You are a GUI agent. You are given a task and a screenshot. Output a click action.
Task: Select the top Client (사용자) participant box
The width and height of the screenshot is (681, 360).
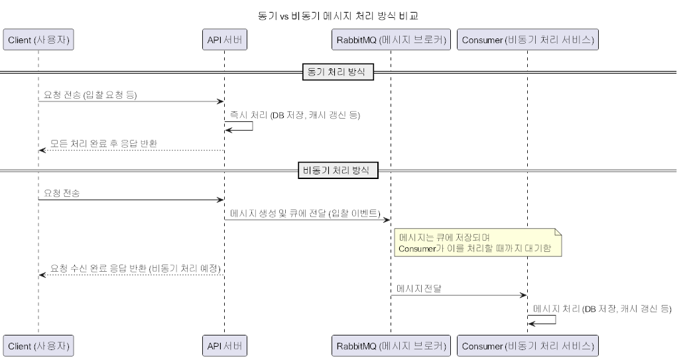pos(38,40)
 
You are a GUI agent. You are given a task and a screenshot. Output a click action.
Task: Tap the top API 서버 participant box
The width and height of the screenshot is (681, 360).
pos(224,40)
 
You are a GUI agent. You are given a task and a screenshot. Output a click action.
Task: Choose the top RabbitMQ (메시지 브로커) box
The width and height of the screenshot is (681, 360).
pos(390,40)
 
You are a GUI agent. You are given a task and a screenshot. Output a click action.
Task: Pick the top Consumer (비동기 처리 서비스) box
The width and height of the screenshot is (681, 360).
pos(527,40)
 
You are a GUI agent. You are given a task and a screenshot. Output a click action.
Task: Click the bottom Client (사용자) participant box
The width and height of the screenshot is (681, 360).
pos(38,345)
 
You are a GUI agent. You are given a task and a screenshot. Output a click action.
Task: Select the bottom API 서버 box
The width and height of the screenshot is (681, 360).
pos(224,345)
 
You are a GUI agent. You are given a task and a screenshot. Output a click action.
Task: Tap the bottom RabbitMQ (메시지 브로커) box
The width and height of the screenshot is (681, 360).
pos(390,345)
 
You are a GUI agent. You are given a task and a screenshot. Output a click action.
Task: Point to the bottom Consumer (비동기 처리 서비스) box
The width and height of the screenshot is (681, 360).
pos(527,345)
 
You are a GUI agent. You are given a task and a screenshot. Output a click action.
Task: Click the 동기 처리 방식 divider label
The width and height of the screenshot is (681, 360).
pos(338,72)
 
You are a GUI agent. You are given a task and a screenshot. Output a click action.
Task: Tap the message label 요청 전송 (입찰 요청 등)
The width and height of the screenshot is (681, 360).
pos(90,95)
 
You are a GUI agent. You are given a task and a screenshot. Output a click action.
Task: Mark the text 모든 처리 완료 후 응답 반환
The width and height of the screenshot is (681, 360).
pos(104,143)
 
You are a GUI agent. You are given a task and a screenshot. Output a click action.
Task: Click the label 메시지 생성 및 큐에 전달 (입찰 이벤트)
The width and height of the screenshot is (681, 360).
pos(304,213)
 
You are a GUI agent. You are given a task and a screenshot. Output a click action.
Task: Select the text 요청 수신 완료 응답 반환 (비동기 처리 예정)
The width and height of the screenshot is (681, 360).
pos(135,269)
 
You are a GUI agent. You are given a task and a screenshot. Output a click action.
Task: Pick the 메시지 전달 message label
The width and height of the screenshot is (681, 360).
pos(419,288)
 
